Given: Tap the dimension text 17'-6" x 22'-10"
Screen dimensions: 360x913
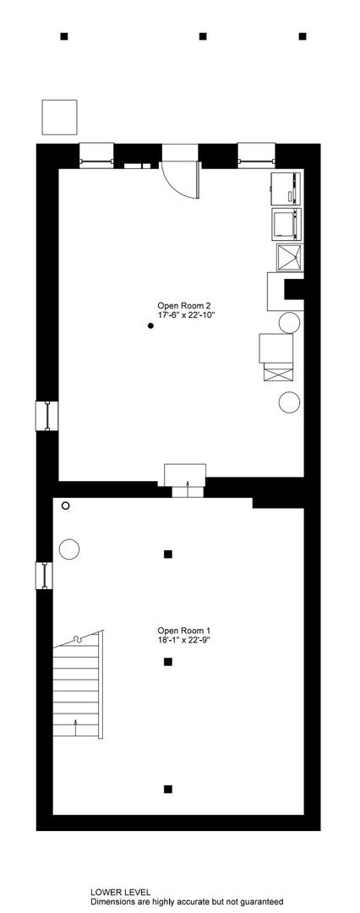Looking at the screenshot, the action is click(x=183, y=314).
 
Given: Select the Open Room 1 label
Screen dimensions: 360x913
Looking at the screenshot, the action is click(x=183, y=631).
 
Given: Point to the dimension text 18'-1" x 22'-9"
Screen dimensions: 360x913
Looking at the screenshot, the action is click(x=183, y=639).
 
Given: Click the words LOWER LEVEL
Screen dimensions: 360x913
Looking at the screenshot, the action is click(x=120, y=892).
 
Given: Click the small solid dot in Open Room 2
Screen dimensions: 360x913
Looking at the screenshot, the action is click(x=150, y=326).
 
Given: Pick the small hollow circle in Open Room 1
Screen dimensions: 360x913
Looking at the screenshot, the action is click(x=65, y=506).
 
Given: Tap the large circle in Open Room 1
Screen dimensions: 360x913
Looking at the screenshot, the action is click(x=69, y=549).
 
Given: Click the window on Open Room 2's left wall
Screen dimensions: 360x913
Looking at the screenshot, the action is click(x=46, y=416).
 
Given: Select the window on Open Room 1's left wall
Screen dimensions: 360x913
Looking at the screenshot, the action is click(x=44, y=576).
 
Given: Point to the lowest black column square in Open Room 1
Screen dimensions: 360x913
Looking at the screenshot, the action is click(x=168, y=789).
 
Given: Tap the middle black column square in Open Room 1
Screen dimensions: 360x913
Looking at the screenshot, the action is click(x=168, y=661).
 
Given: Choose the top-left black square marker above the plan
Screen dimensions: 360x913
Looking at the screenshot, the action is click(x=64, y=36).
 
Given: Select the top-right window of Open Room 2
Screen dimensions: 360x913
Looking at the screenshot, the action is click(x=256, y=156).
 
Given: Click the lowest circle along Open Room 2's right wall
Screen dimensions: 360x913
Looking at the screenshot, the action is click(x=289, y=402).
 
